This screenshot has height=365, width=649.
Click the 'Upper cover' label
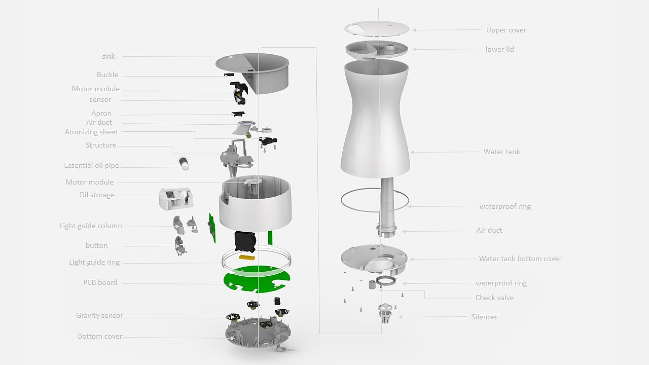point(506,30)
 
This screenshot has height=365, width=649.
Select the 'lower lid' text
point(499,49)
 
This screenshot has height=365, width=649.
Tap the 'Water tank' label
point(501,152)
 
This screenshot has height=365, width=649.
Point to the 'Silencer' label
point(484,317)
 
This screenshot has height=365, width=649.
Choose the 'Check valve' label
point(494,298)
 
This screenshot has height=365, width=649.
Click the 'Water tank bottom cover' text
point(520,259)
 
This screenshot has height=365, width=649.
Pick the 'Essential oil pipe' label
point(92,165)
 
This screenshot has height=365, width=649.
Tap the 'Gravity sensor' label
point(99,315)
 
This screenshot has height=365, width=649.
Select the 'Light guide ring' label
point(94,262)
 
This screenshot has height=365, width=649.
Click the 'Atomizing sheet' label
point(91,132)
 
